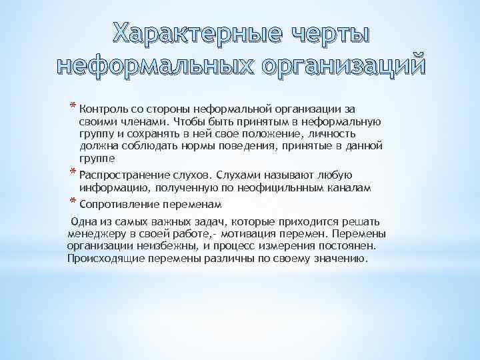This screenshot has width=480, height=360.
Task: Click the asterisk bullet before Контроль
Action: tap(73, 107)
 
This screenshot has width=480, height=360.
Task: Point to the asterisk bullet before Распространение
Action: tap(73, 173)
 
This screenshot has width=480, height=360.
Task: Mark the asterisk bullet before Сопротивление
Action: tap(73, 201)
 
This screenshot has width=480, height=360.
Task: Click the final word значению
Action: tap(341, 259)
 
